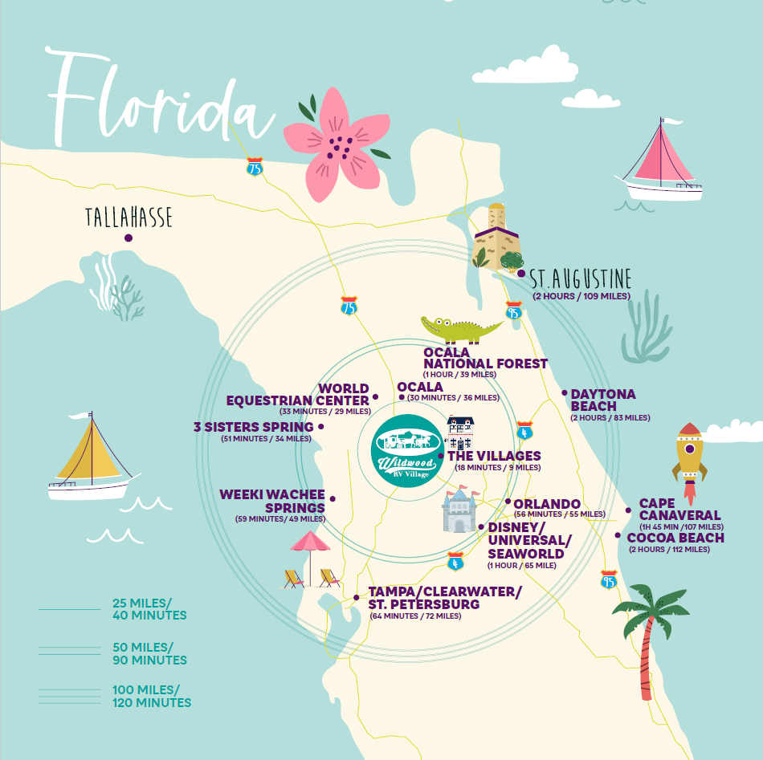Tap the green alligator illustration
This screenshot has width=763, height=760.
(x=461, y=328)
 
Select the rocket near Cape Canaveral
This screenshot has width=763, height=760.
(x=689, y=453)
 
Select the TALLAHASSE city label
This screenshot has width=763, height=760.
(x=129, y=217)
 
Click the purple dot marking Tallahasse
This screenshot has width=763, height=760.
(x=128, y=238)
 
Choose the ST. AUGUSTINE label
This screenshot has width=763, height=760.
(x=580, y=279)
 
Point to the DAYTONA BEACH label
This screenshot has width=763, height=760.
(x=603, y=400)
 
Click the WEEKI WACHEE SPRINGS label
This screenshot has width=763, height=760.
(x=274, y=501)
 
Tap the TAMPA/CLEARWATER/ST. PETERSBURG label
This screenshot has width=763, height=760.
(x=445, y=598)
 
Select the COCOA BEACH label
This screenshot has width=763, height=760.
(x=675, y=538)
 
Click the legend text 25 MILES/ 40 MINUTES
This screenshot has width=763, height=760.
(x=149, y=609)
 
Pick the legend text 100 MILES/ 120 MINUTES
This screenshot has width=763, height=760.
(x=152, y=696)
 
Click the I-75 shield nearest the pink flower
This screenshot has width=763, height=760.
(x=255, y=168)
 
